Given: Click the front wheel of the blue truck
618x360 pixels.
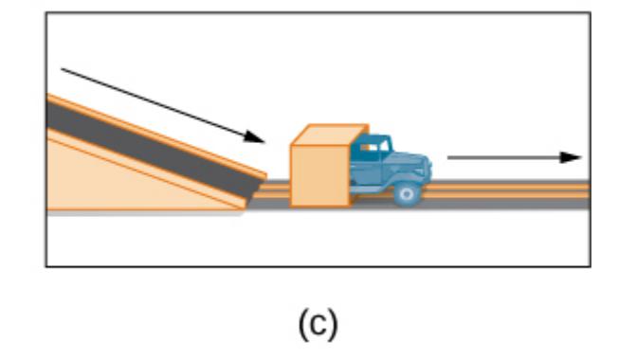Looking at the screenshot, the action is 407,194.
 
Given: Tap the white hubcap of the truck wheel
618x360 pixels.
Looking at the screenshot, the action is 407,194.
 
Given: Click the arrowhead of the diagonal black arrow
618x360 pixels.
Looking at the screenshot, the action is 254,136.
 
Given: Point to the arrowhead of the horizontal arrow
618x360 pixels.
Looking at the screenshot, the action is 571,157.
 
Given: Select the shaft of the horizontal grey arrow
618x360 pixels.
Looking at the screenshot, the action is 503,157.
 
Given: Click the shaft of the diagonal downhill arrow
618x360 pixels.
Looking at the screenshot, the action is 153,102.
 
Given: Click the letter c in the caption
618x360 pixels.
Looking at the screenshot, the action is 318,325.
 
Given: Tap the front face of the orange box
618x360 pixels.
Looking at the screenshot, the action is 320,175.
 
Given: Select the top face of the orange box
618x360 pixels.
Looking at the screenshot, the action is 330,135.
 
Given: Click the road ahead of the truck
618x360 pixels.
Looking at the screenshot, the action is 508,194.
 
